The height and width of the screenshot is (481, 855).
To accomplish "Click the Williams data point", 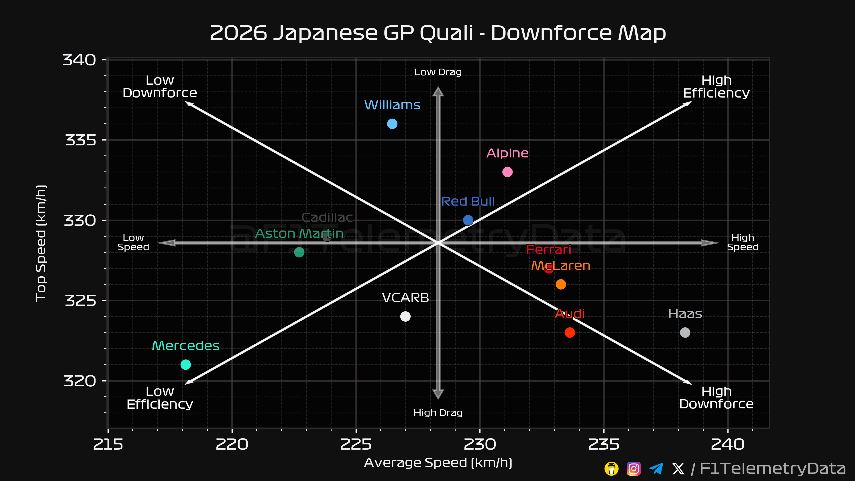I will [392, 124].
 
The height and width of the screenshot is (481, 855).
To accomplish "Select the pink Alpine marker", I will [507, 172].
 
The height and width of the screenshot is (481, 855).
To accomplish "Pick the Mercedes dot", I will [185, 365].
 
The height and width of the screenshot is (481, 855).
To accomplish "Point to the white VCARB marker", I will [405, 316].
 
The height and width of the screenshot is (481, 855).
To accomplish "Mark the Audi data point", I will [570, 332].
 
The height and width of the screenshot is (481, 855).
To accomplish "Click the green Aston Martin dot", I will [299, 252].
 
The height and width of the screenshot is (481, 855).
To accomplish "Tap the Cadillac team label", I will [327, 217].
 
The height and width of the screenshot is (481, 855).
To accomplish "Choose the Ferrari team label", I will [549, 249].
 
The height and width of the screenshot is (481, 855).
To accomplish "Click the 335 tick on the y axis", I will [80, 140].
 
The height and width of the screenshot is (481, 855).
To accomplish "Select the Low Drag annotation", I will [438, 72].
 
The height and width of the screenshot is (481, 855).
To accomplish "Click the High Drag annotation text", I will [438, 413].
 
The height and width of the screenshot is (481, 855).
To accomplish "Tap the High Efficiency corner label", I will [716, 87].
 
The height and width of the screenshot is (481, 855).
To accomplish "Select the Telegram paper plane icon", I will [656, 468].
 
